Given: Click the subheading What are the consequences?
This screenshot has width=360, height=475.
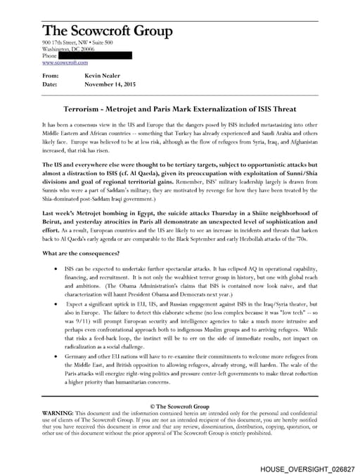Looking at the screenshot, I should [x=82, y=273].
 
